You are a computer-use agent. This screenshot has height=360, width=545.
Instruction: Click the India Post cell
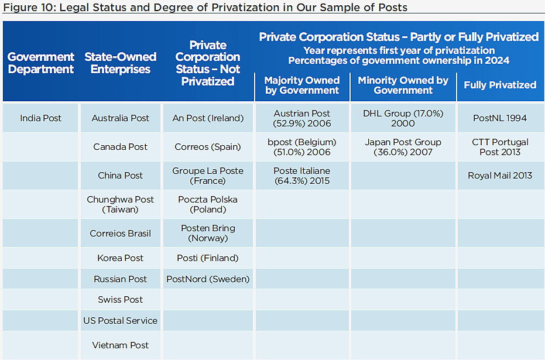[40, 118]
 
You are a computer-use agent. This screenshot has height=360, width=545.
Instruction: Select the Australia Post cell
[121, 118]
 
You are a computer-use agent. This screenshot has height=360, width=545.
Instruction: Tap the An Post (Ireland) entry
[208, 118]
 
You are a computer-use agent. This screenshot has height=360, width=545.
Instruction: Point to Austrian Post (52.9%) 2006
[302, 118]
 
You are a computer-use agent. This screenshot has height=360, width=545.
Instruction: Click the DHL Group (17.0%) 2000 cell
[403, 118]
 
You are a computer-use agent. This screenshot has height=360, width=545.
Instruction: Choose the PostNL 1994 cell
[500, 118]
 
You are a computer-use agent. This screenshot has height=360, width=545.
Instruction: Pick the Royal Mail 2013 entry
[500, 176]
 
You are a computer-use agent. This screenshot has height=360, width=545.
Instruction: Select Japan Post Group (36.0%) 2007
[403, 147]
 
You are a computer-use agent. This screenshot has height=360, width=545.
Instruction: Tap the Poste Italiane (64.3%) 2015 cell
[302, 176]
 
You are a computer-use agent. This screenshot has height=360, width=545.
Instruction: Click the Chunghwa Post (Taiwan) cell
[121, 204]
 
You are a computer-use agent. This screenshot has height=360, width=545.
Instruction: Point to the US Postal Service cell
[121, 321]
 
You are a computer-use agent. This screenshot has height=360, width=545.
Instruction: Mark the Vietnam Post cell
[121, 345]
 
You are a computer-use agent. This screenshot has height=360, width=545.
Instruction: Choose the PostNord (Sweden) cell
[208, 279]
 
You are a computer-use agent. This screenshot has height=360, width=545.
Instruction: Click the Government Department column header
[40, 63]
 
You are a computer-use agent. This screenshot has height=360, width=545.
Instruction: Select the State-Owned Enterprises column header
[121, 63]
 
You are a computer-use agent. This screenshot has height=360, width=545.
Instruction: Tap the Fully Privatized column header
[500, 85]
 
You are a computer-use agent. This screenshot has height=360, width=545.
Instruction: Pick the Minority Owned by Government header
[403, 85]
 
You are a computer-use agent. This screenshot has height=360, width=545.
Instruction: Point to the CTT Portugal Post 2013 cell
[500, 147]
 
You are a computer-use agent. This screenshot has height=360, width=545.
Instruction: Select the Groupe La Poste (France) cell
[208, 176]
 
